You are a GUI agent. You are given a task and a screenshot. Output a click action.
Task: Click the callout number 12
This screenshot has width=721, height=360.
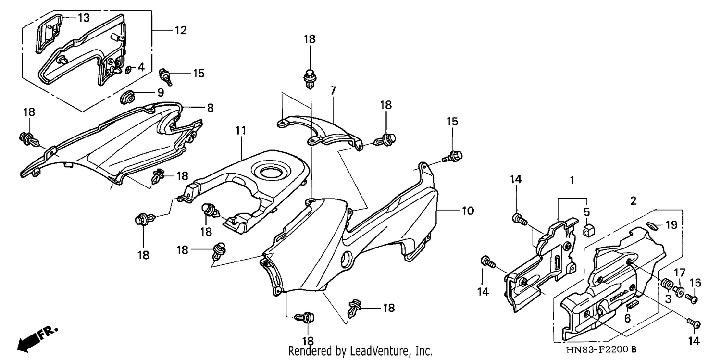click(181, 30)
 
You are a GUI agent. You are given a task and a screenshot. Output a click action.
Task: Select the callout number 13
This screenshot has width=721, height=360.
click(84, 18)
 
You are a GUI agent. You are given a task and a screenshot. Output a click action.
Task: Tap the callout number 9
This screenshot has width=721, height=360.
click(161, 93)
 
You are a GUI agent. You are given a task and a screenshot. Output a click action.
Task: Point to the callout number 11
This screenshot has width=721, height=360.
click(240, 131)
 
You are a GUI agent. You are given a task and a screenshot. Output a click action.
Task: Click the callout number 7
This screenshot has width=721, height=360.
click(333, 91)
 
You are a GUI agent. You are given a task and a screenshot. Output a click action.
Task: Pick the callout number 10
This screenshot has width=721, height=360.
click(468, 211)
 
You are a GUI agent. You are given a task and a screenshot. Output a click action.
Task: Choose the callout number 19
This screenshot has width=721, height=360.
click(671, 225)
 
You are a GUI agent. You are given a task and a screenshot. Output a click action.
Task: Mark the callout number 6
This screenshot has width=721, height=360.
click(627, 319)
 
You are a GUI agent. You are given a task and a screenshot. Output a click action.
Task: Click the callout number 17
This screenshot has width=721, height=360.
click(680, 273)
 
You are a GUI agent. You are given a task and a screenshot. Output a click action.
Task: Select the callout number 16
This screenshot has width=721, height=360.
click(695, 283)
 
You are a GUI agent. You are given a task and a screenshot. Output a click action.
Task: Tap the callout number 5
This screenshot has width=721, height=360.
click(587, 212)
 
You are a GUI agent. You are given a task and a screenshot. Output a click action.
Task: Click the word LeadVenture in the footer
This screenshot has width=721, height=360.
click(380, 351)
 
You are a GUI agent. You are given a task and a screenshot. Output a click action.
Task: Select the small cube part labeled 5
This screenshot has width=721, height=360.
click(589, 230)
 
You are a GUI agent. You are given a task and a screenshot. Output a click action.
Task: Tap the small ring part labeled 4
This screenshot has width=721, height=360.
click(128, 70)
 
